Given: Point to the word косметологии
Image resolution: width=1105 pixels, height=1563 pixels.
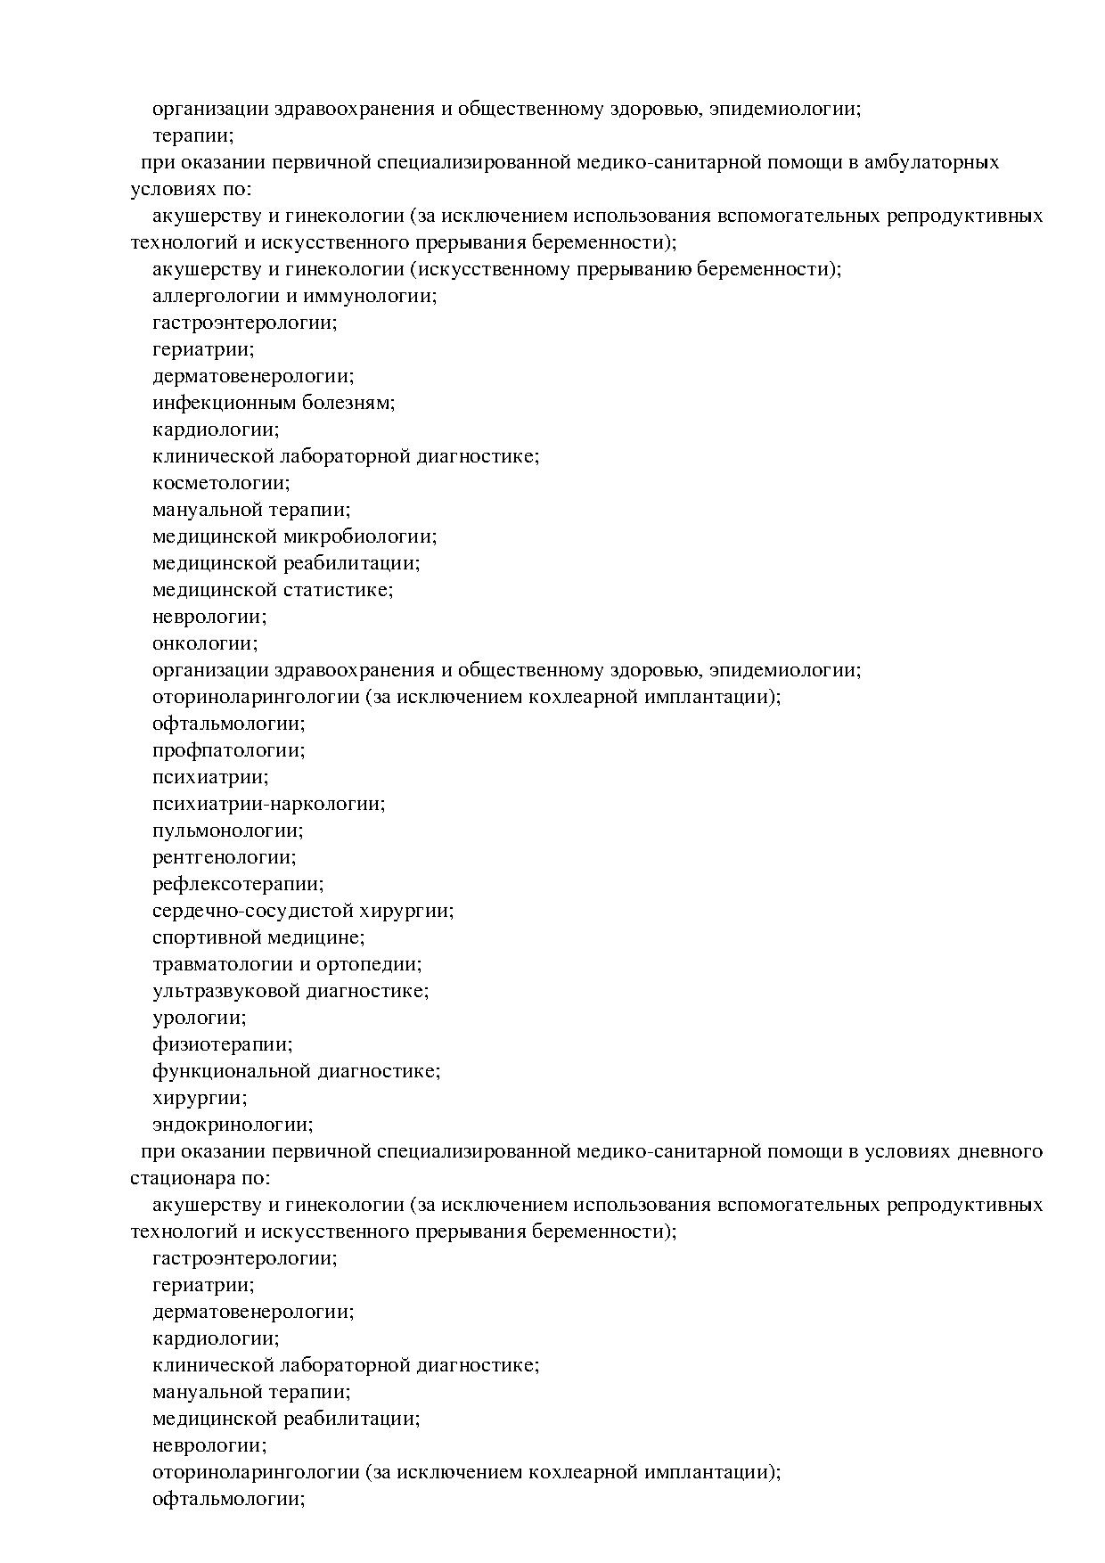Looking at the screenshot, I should (x=221, y=484).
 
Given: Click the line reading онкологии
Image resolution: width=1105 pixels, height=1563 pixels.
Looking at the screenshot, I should (x=204, y=643).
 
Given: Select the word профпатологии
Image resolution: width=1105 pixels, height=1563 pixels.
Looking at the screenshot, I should (x=228, y=750).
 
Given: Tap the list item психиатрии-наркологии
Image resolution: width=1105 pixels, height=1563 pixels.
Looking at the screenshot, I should (x=268, y=804).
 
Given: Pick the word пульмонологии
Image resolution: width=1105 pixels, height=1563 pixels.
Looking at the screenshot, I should (x=227, y=831).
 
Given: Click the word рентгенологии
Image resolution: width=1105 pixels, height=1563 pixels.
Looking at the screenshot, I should (x=224, y=857).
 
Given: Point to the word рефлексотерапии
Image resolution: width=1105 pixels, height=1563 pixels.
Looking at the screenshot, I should (x=238, y=884).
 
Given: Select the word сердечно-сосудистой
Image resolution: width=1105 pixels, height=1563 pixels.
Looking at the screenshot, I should (x=252, y=911).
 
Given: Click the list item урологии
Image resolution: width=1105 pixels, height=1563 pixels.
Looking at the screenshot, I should (x=199, y=1018).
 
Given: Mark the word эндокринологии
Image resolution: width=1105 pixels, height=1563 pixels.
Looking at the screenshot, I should (x=233, y=1125).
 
